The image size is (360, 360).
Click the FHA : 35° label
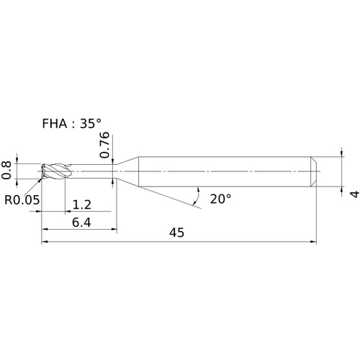(x=71, y=124)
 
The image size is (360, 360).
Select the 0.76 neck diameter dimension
(x=104, y=145)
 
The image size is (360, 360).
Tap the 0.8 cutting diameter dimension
(x=6, y=171)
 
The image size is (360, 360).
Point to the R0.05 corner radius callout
(x=22, y=199)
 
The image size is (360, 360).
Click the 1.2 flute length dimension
(x=81, y=204)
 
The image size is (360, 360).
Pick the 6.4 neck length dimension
(x=81, y=222)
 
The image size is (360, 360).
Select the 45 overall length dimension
(x=177, y=233)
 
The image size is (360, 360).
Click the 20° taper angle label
(x=221, y=199)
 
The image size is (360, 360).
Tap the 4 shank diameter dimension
(x=355, y=194)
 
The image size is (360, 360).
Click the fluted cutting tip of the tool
(x=56, y=171)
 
